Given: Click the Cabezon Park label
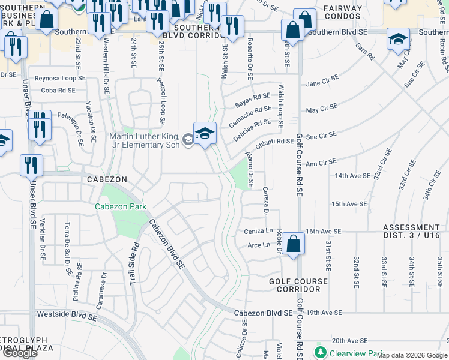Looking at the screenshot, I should pyautogui.click(x=120, y=206).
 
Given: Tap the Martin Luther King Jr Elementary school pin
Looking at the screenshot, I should pyautogui.click(x=204, y=133).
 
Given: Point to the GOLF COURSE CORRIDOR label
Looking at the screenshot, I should pyautogui.click(x=298, y=285).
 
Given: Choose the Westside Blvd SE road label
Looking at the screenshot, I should pyautogui.click(x=65, y=313).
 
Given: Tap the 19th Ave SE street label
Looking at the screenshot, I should pyautogui.click(x=324, y=313).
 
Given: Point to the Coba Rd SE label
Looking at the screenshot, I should pyautogui.click(x=58, y=91).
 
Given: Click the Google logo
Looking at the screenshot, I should pyautogui.click(x=20, y=353).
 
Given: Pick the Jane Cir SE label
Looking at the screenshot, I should pyautogui.click(x=322, y=84).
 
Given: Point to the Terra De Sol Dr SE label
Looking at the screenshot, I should pyautogui.click(x=68, y=246).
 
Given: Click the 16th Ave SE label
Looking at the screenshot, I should pyautogui.click(x=322, y=231).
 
